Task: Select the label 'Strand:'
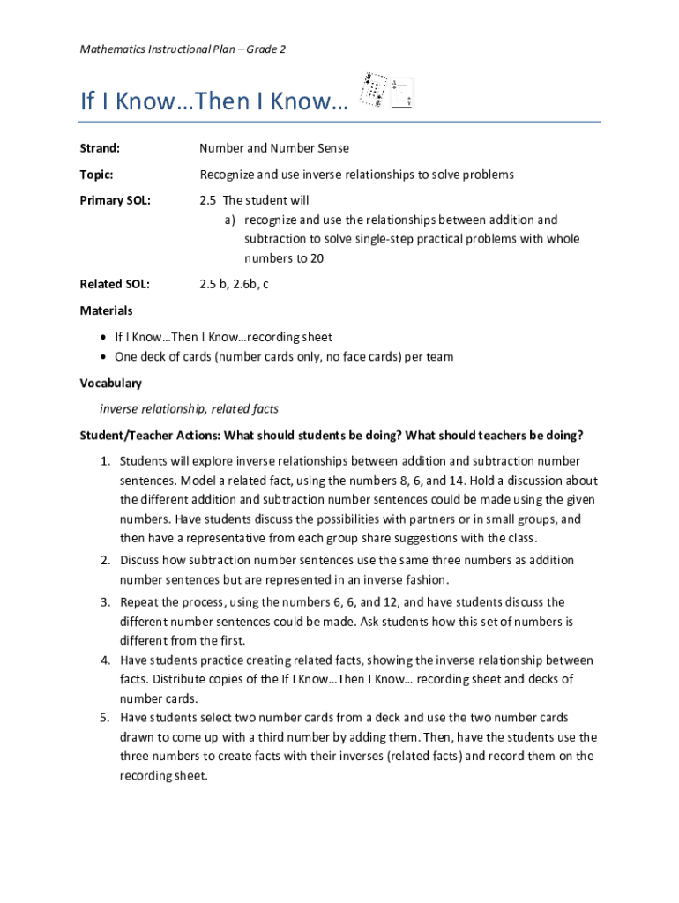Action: [100, 149]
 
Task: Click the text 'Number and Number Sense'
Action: [273, 149]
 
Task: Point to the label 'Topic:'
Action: [96, 175]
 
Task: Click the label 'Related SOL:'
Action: [115, 284]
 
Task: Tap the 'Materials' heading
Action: [107, 310]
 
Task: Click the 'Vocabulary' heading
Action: [110, 384]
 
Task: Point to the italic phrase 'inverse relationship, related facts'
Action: [189, 409]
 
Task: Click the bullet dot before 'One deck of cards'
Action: [104, 357]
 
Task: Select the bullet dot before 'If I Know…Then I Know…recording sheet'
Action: [104, 338]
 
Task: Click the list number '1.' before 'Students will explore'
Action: [104, 461]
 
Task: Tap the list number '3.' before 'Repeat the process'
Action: [104, 602]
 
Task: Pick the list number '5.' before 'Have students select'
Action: [104, 717]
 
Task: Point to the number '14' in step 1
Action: [459, 481]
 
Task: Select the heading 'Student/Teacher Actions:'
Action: [150, 436]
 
